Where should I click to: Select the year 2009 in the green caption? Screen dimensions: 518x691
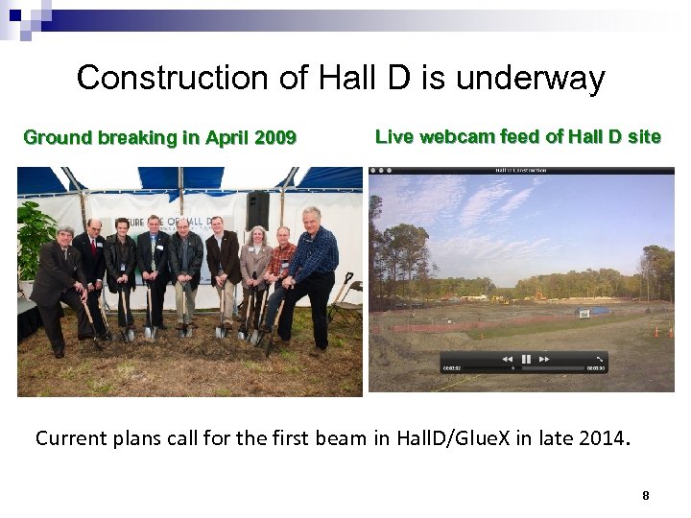(x=275, y=137)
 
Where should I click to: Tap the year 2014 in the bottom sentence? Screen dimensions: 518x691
(x=600, y=439)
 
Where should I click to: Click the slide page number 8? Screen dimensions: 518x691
(x=646, y=496)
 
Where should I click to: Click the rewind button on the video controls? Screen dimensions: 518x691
(x=507, y=359)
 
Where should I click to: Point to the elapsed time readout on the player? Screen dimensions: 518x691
(x=451, y=367)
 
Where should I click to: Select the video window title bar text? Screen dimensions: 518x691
(x=521, y=170)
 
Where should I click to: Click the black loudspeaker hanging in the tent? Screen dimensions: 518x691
(x=257, y=208)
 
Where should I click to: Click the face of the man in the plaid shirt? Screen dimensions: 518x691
(x=282, y=236)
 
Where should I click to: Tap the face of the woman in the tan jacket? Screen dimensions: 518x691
(x=257, y=235)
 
